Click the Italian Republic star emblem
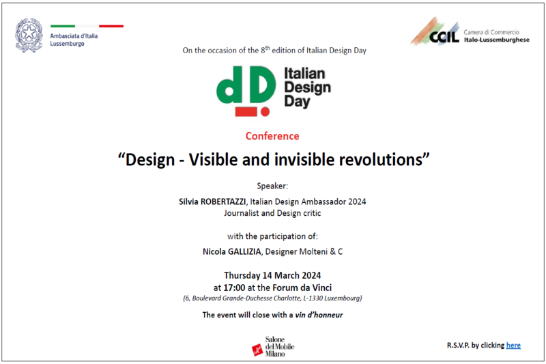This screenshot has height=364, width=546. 29,36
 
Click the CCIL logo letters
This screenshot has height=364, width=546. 444,36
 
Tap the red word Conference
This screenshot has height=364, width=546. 272,136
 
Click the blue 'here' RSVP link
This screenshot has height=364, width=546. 513,345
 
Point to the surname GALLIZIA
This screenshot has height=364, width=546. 244,251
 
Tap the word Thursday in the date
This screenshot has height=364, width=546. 242,275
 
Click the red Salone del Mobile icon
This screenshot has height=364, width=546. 257,350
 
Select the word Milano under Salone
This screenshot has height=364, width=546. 275,354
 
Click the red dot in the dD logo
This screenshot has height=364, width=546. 265,112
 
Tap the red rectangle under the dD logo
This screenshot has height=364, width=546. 246,111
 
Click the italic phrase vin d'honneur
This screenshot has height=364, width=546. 319,315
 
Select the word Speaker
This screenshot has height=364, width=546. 272,186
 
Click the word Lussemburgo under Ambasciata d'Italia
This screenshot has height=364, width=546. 67,44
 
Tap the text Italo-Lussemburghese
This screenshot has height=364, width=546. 497,40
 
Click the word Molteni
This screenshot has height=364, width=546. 311,251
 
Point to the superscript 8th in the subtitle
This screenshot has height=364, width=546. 265,49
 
